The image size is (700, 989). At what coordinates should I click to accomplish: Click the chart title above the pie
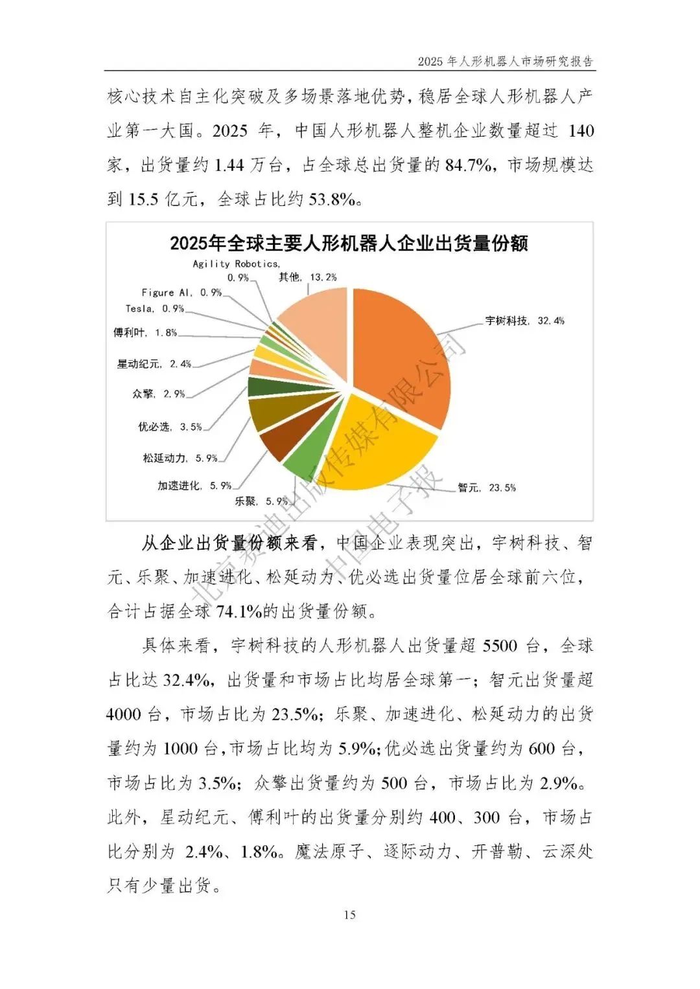coord(349,244)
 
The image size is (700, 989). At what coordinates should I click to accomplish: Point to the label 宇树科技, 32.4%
coord(524,321)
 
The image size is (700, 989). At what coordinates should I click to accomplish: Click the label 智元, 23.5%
coord(486,488)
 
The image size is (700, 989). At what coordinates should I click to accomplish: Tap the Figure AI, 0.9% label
coord(181,293)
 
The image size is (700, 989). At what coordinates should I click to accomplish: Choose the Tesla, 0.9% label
coord(155,309)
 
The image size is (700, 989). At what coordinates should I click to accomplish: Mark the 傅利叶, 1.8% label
coord(145,333)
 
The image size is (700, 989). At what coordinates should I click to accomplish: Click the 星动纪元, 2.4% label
coord(154,364)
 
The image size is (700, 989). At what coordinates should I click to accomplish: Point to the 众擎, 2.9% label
coord(158,394)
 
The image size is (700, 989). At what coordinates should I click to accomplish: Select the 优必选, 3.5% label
coord(170,427)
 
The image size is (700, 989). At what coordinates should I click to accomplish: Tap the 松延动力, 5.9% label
coord(180,458)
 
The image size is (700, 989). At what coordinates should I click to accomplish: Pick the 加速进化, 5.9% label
coord(194,486)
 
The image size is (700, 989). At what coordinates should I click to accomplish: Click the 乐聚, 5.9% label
coord(261,501)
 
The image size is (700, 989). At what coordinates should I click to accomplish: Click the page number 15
coord(349,915)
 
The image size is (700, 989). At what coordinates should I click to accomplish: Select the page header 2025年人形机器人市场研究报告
coord(506,62)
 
